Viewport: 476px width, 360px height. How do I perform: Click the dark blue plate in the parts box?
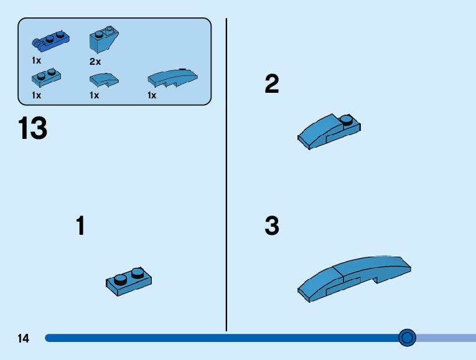pos(49,40)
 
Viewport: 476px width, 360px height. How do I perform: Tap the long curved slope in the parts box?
pos(172,78)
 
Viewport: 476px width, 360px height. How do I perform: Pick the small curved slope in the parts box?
pos(103,79)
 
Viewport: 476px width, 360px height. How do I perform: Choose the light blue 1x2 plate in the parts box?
pos(46,78)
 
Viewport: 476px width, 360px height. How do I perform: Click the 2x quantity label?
pos(95,62)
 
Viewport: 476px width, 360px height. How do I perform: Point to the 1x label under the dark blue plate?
pos(37,60)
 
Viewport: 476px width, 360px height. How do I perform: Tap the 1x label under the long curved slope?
pos(152,95)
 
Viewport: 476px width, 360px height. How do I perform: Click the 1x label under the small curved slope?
pos(95,95)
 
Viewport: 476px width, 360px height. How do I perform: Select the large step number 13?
pos(32,129)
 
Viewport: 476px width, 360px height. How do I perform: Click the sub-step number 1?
pos(80,226)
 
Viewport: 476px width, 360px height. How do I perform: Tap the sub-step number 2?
pos(272,85)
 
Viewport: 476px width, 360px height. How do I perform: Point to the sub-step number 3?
pos(272,227)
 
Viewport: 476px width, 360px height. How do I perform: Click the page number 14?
pos(24,339)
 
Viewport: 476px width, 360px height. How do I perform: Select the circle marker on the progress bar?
pos(407,338)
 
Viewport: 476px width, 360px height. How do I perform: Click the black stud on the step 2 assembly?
pos(347,119)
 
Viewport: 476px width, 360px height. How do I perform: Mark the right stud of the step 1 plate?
pos(137,272)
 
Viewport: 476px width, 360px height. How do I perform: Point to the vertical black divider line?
pos(226,174)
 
